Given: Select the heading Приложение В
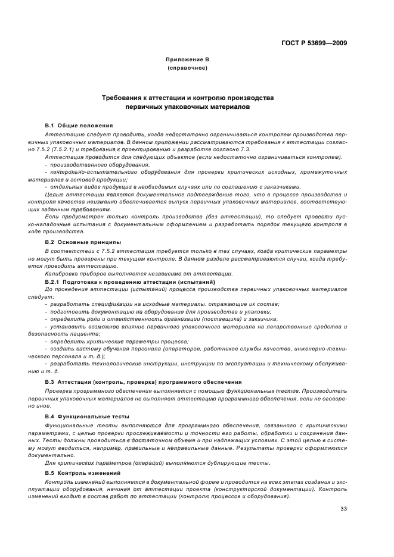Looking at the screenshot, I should [188, 60].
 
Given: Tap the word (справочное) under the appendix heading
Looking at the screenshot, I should [188, 68].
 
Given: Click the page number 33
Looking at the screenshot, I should [343, 508].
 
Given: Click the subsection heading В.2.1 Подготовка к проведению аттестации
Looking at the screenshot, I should [130, 281].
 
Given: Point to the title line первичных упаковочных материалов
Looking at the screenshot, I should [188, 108].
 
